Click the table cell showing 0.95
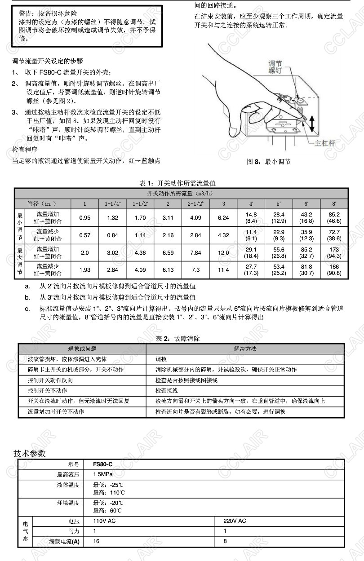coord(84,218)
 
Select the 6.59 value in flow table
coord(168,253)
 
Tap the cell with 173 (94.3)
coord(334,253)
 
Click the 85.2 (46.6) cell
coord(334,218)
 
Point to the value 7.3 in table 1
coord(195,270)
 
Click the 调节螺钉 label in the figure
coord(275,67)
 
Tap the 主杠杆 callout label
coord(325,143)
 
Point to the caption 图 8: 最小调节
coord(268,162)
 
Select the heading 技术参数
coord(30,453)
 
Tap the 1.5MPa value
coord(103,474)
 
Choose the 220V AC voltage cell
coord(235,521)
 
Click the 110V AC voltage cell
coord(104,521)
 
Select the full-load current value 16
coord(96,541)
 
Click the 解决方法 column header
coord(245,349)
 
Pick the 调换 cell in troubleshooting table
coord(161,359)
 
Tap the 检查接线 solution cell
coord(166,390)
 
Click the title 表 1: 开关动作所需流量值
coord(178,183)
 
